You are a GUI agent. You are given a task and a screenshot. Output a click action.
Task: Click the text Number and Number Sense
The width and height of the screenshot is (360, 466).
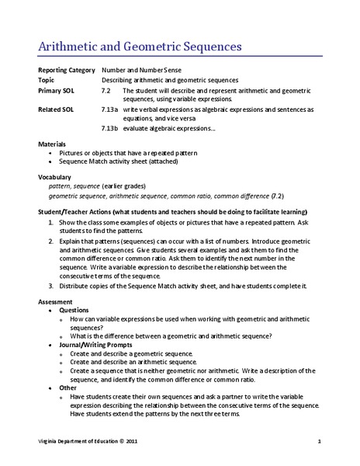tap(139, 71)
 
